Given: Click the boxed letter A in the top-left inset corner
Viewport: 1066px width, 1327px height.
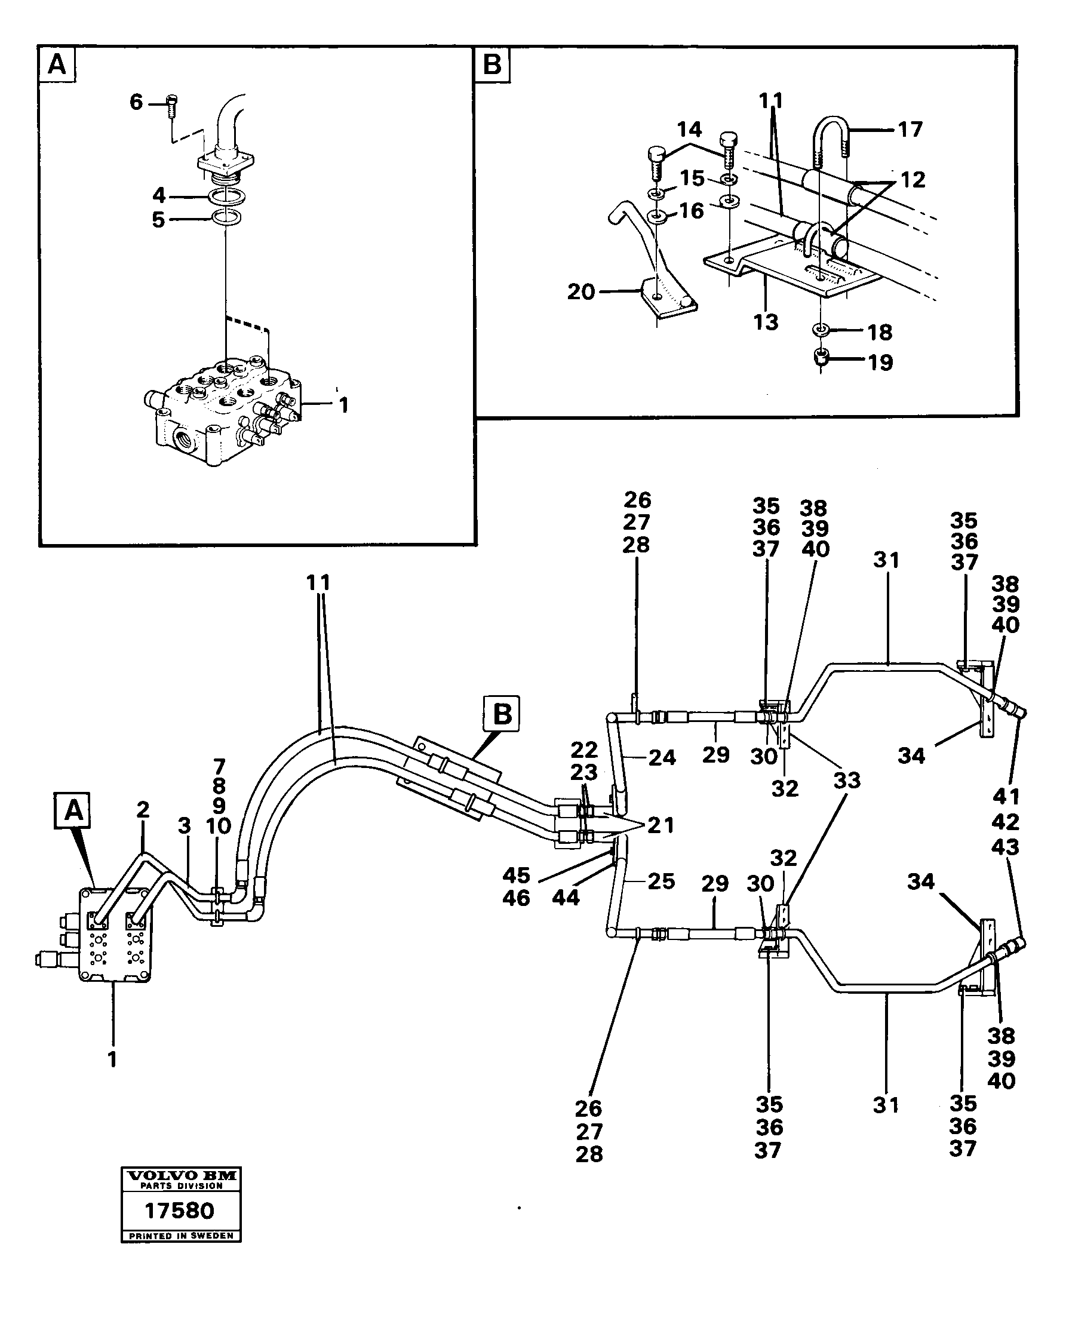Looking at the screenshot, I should coord(57,64).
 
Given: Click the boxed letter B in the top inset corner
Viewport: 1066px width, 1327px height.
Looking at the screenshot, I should coord(492,64).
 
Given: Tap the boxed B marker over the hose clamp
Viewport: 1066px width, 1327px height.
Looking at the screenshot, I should coord(502,714).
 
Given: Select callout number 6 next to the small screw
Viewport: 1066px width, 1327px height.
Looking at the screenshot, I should coord(136,102).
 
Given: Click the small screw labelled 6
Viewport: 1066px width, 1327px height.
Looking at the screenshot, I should coord(172,108).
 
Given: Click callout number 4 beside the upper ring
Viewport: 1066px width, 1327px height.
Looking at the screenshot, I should coord(159,195).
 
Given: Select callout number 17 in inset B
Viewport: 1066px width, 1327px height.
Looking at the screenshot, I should coord(910,129).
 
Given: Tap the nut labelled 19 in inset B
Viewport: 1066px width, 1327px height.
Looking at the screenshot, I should coord(821,357).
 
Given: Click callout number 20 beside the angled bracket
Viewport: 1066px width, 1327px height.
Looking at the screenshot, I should coord(581,291).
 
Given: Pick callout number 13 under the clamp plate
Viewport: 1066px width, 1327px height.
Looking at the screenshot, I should coord(766,322).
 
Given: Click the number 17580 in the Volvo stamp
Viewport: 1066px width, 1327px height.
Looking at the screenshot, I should coord(180,1210).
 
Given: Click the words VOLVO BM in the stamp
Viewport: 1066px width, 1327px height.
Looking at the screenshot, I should coord(181,1175).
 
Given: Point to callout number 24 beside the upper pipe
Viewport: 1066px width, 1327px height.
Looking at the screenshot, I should coord(662,757).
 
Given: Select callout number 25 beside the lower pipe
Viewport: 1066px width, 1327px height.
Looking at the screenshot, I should coord(662,881).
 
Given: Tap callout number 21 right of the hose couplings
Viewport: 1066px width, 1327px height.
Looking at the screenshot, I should coord(661,825).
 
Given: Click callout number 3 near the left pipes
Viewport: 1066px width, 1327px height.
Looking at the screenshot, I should coord(185,827).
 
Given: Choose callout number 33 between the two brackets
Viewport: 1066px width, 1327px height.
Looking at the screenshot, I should coord(847,781).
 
